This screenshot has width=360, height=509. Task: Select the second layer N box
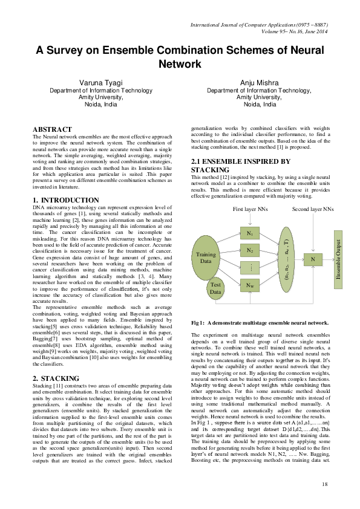pos(313,258)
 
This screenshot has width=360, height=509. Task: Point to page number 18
pos(325,484)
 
